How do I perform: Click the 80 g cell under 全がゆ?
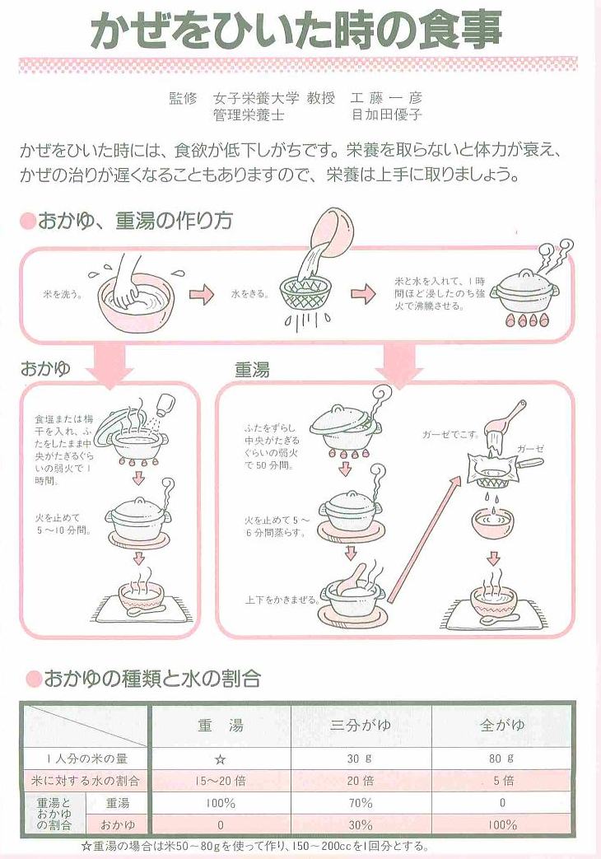click(x=501, y=759)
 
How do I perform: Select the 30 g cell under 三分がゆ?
click(x=360, y=759)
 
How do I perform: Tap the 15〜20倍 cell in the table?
click(x=221, y=781)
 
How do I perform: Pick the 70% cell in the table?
click(x=360, y=803)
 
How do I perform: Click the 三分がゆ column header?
click(x=361, y=726)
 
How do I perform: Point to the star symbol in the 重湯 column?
click(x=221, y=759)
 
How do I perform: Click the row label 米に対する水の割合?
click(x=85, y=781)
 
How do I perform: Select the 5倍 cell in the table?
click(x=503, y=781)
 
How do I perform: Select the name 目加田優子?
click(x=386, y=114)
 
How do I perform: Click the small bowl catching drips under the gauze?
click(x=493, y=523)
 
